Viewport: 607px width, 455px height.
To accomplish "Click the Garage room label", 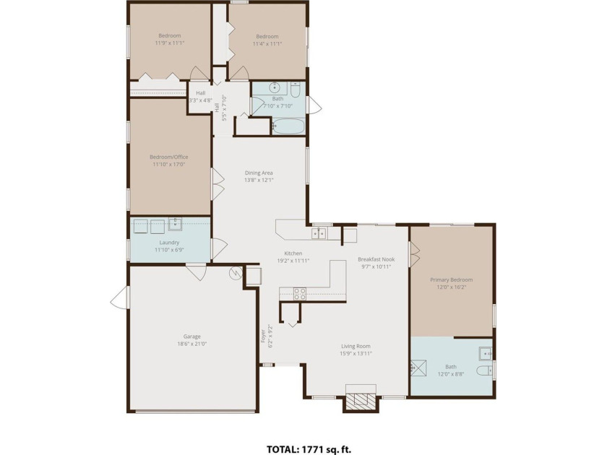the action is coord(192,337).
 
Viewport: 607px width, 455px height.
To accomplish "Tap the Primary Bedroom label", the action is coord(452,279).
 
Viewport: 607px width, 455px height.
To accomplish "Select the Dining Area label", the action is coord(259,173).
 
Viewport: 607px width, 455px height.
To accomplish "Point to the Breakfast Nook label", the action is coord(376,259).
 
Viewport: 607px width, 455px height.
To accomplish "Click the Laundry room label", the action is coord(169,243).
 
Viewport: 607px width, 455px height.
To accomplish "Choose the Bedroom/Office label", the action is coord(169,157).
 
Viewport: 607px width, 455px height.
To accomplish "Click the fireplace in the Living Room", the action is coord(361,399).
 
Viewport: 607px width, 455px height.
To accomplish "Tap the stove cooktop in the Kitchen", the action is coord(299,294).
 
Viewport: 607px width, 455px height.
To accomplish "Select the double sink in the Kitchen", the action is coord(319,233).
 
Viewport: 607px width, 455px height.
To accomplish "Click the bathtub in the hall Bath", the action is coord(288,126).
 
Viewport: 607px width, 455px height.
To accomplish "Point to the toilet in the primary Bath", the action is coord(484,371).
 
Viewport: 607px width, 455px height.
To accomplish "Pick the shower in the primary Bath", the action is coord(418,368).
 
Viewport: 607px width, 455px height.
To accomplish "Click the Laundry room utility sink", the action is coord(175,225).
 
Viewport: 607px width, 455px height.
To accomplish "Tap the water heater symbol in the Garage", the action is coord(235,273).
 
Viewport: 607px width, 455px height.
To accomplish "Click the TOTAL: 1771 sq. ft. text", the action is coord(309,449).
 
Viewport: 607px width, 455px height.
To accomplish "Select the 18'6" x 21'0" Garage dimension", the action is coord(192,344).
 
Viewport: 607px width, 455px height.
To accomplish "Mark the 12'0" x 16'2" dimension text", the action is coord(452,287).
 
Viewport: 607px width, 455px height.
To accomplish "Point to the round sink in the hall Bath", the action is coord(275,87).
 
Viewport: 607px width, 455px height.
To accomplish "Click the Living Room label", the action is coord(356,346).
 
